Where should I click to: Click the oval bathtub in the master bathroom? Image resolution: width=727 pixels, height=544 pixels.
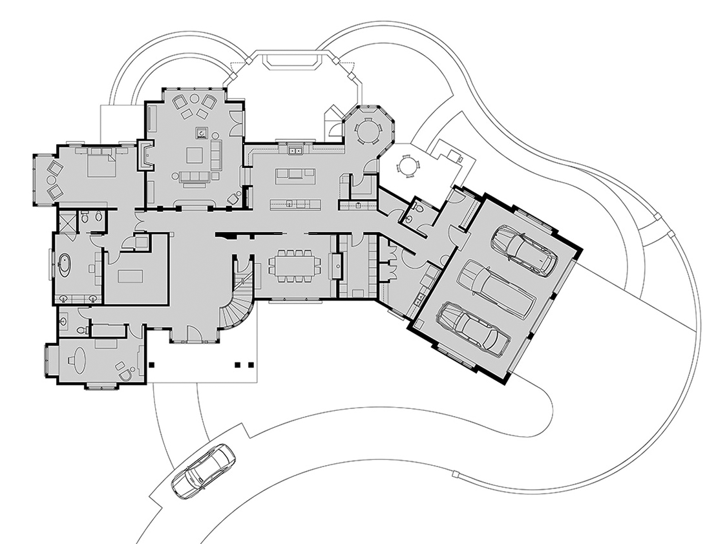tap(65, 266)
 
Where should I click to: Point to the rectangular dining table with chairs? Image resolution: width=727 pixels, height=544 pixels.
tap(294, 266)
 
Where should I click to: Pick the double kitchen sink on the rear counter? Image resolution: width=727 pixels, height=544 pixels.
tap(296, 151)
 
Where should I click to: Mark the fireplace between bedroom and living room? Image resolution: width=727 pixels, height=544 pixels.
tap(145, 156)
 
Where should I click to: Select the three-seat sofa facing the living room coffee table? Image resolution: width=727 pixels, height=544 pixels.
tap(195, 177)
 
